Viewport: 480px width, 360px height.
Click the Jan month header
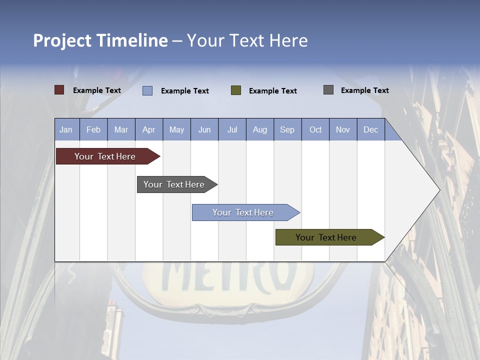pos(66,129)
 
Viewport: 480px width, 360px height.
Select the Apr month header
pos(148,129)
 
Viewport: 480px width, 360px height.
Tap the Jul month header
pos(232,129)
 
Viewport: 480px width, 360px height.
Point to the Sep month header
pos(287,129)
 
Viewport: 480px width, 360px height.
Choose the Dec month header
pos(370,129)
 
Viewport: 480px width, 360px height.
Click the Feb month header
pos(93,129)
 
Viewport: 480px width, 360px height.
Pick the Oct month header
pos(315,129)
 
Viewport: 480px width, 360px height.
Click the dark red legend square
pos(59,90)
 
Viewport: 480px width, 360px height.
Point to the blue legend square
pos(147,90)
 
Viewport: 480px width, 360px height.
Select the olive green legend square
pos(236,90)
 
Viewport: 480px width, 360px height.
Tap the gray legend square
pos(328,90)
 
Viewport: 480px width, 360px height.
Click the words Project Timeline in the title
pos(100,40)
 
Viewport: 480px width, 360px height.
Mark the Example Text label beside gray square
pos(364,90)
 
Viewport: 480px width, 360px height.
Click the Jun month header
pos(204,129)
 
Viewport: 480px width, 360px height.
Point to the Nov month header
pos(343,129)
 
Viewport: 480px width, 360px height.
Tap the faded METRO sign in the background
pos(227,277)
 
